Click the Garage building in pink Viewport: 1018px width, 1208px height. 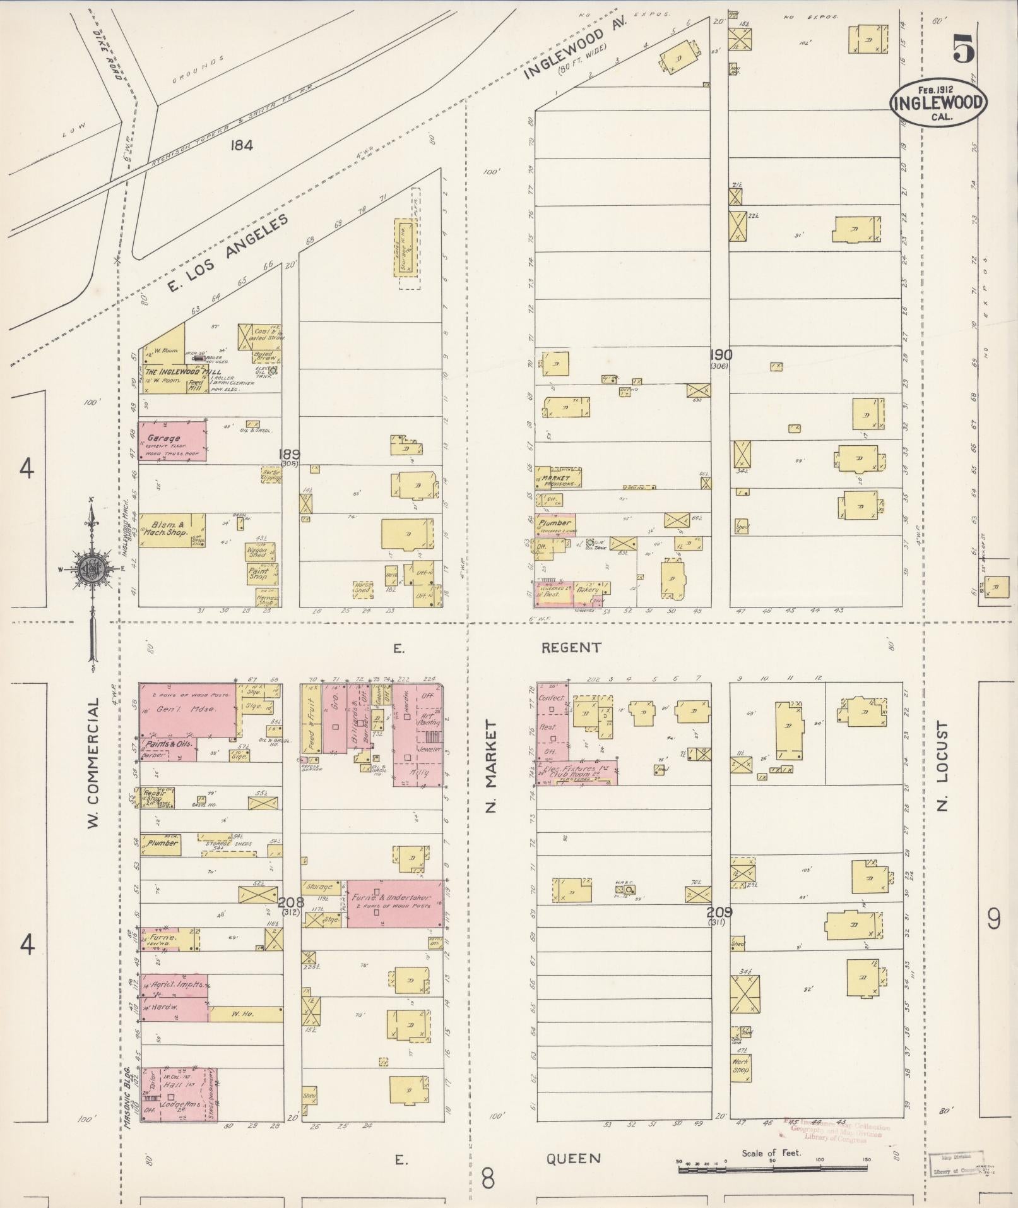pyautogui.click(x=172, y=440)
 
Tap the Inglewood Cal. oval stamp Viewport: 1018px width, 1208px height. pyautogui.click(x=938, y=103)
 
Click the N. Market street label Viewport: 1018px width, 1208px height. pyautogui.click(x=492, y=767)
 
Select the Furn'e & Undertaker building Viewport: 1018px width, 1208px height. pyautogui.click(x=394, y=903)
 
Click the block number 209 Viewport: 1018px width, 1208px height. pyautogui.click(x=719, y=912)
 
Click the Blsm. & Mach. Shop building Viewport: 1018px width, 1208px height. pyautogui.click(x=171, y=529)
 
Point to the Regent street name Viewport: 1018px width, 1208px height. pyautogui.click(x=571, y=647)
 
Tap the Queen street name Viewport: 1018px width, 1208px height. pyautogui.click(x=573, y=1158)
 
